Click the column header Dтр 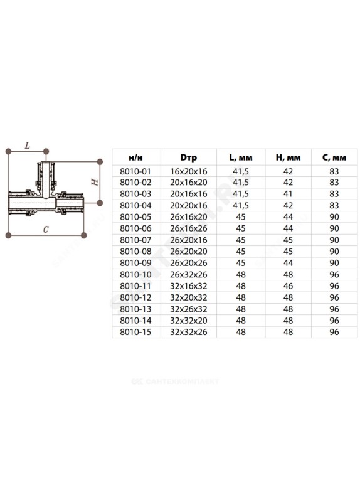click(188, 157)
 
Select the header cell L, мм click(241, 157)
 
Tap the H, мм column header click(288, 157)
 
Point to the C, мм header click(334, 157)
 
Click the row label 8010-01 click(135, 171)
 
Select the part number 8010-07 click(135, 240)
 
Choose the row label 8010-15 click(135, 332)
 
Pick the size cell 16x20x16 click(189, 171)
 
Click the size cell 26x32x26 click(189, 275)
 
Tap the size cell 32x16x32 click(189, 286)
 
